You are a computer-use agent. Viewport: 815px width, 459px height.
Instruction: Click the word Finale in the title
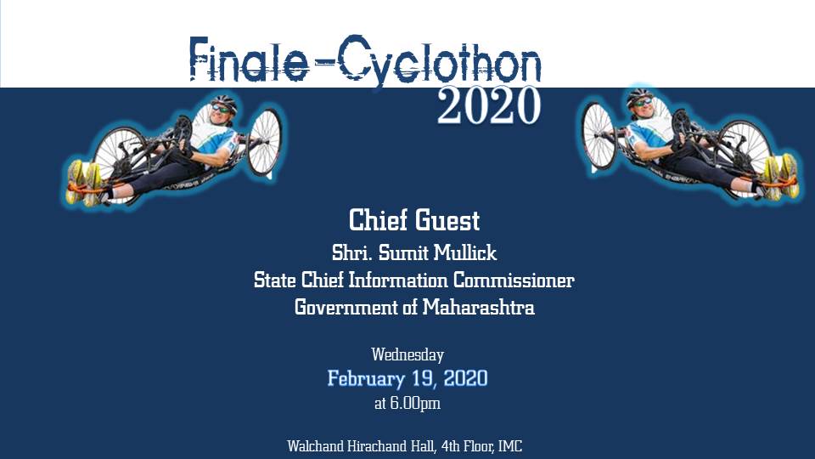click(249, 59)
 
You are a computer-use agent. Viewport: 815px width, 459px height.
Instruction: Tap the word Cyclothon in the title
click(441, 61)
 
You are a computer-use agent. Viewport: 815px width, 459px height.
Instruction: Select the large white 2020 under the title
click(489, 105)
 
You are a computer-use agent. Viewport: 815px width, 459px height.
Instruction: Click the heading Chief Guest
click(414, 219)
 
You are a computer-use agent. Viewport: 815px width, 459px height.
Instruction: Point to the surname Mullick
click(465, 253)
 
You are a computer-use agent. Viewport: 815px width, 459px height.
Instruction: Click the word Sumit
click(404, 253)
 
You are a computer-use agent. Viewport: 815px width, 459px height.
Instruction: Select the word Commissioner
click(514, 280)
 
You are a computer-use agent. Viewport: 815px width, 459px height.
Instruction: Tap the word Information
click(397, 280)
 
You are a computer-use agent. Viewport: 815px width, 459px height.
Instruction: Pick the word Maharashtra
click(478, 307)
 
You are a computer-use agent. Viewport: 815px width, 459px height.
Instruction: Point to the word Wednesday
click(407, 355)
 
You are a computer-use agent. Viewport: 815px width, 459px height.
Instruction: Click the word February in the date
click(366, 378)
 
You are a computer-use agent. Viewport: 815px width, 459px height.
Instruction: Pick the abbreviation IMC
click(510, 446)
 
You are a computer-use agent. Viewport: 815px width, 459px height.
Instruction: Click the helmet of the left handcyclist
click(224, 102)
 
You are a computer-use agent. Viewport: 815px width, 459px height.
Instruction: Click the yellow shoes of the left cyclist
click(83, 182)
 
